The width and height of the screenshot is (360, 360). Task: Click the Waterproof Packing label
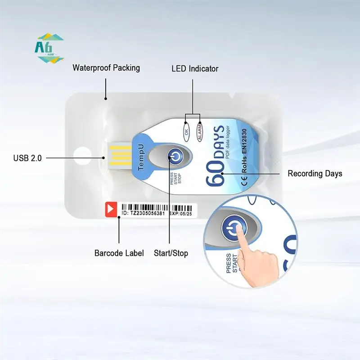[x=106, y=68]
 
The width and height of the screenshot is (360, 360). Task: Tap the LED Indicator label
[x=195, y=69]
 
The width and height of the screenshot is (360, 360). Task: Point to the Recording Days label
[x=315, y=173]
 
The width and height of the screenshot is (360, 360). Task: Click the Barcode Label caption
[x=119, y=253]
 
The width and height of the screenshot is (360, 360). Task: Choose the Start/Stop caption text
[x=171, y=253]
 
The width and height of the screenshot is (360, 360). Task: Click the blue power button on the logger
[x=175, y=156]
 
